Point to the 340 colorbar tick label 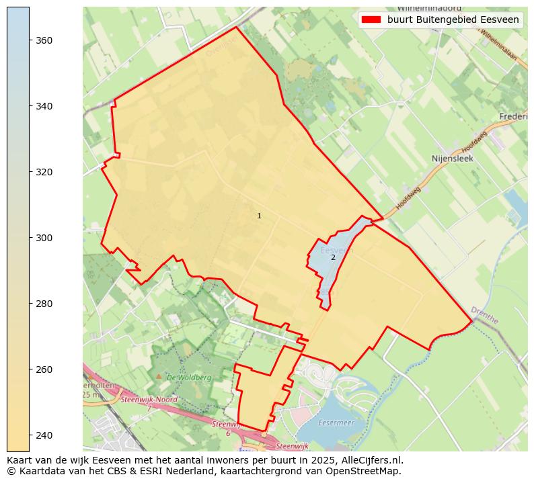[x=44, y=106]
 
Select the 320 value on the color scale [x=44, y=172]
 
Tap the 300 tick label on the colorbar [x=44, y=238]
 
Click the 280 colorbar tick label [x=44, y=304]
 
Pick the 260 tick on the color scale [x=44, y=369]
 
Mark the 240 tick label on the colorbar [x=44, y=435]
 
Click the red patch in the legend [x=371, y=19]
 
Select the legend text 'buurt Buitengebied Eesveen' [x=453, y=19]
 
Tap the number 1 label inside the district [x=259, y=216]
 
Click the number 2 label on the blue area [x=333, y=257]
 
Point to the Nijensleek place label [x=452, y=159]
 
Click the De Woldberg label [x=189, y=378]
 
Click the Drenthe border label [x=484, y=316]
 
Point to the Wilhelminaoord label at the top [x=428, y=8]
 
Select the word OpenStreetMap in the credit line [x=368, y=471]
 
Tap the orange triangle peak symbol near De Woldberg [x=159, y=376]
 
